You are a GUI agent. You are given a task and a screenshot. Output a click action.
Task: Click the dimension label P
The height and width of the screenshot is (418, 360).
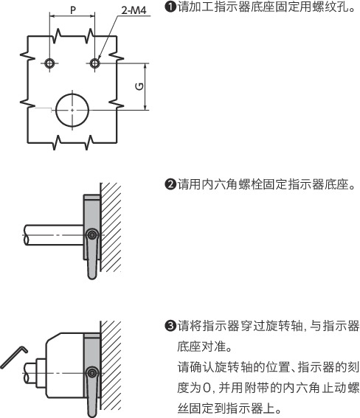point(72,10)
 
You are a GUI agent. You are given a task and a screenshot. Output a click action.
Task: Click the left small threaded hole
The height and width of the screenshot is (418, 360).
point(49,63)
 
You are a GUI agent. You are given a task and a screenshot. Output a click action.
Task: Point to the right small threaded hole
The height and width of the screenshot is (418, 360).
point(94,63)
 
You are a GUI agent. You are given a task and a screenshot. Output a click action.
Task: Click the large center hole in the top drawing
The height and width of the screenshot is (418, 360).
point(72,108)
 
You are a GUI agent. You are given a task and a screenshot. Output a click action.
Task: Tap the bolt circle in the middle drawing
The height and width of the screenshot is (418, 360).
point(91,234)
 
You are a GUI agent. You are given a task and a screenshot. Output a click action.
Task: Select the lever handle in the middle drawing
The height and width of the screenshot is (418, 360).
point(91,262)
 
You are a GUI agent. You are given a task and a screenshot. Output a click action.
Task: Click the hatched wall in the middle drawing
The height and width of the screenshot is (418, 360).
point(110,229)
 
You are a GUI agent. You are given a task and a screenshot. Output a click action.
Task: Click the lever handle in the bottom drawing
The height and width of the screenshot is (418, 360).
point(91,397)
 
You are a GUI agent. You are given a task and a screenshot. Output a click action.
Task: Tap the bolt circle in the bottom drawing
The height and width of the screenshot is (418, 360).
point(91,371)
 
